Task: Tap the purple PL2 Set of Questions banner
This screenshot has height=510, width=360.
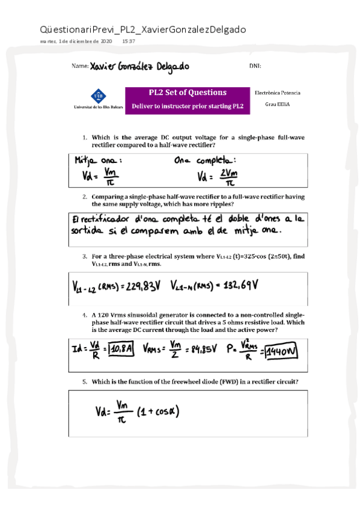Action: pos(188,99)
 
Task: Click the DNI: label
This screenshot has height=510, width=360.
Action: pos(255,66)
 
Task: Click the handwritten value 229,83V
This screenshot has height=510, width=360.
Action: pos(141,285)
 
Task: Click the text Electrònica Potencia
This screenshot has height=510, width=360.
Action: pos(277,93)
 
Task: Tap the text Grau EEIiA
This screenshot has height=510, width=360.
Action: pos(277,104)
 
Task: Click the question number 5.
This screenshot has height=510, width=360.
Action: pos(85,381)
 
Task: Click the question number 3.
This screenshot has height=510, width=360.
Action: pos(85,257)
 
